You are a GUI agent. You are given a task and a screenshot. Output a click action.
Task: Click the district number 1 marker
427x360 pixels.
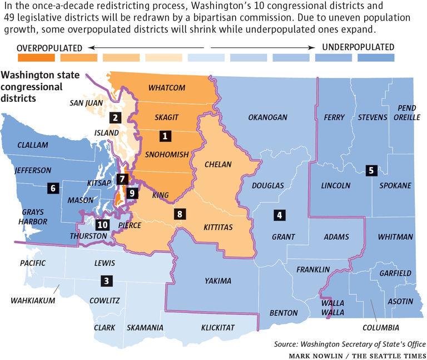(x=165, y=135)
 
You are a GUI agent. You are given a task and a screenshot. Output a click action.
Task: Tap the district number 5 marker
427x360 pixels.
(x=371, y=171)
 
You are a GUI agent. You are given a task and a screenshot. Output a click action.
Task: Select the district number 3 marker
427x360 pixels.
(x=106, y=281)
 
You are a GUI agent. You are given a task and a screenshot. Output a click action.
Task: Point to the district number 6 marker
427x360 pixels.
(x=53, y=188)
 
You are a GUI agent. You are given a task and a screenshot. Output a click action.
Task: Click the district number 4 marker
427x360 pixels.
(x=279, y=215)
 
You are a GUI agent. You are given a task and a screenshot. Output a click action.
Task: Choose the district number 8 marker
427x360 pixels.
(x=178, y=213)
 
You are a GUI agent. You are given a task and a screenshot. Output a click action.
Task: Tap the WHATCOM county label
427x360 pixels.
(x=167, y=87)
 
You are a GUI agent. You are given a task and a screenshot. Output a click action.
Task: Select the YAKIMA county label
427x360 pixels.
(x=217, y=280)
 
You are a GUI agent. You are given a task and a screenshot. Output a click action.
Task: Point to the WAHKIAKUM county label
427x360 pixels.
(x=33, y=301)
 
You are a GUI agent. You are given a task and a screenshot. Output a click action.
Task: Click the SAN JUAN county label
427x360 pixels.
(x=86, y=102)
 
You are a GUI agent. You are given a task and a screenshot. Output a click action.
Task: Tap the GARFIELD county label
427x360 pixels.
(x=395, y=273)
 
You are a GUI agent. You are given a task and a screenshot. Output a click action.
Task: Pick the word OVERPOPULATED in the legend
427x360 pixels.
(x=49, y=47)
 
